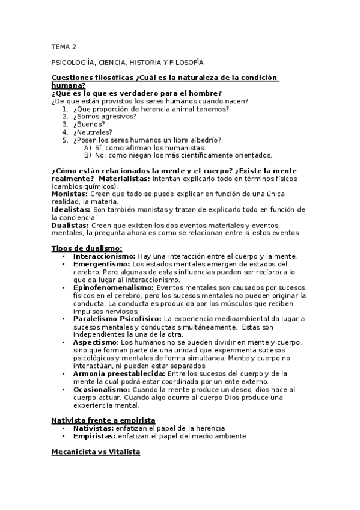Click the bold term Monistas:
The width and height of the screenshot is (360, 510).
pyautogui.click(x=70, y=194)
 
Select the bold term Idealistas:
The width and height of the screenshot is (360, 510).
pyautogui.click(x=72, y=210)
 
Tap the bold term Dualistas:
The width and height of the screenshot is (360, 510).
pyautogui.click(x=70, y=225)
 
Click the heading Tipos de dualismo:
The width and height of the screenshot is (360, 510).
pyautogui.click(x=87, y=248)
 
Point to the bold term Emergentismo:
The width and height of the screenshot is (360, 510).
pyautogui.click(x=101, y=264)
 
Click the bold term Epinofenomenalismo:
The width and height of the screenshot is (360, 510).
pyautogui.click(x=114, y=287)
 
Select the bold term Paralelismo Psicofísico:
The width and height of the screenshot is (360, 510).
pyautogui.click(x=117, y=319)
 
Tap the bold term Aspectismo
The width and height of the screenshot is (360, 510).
pyautogui.click(x=95, y=342)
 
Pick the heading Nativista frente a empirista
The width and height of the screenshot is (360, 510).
pyautogui.click(x=103, y=419)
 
